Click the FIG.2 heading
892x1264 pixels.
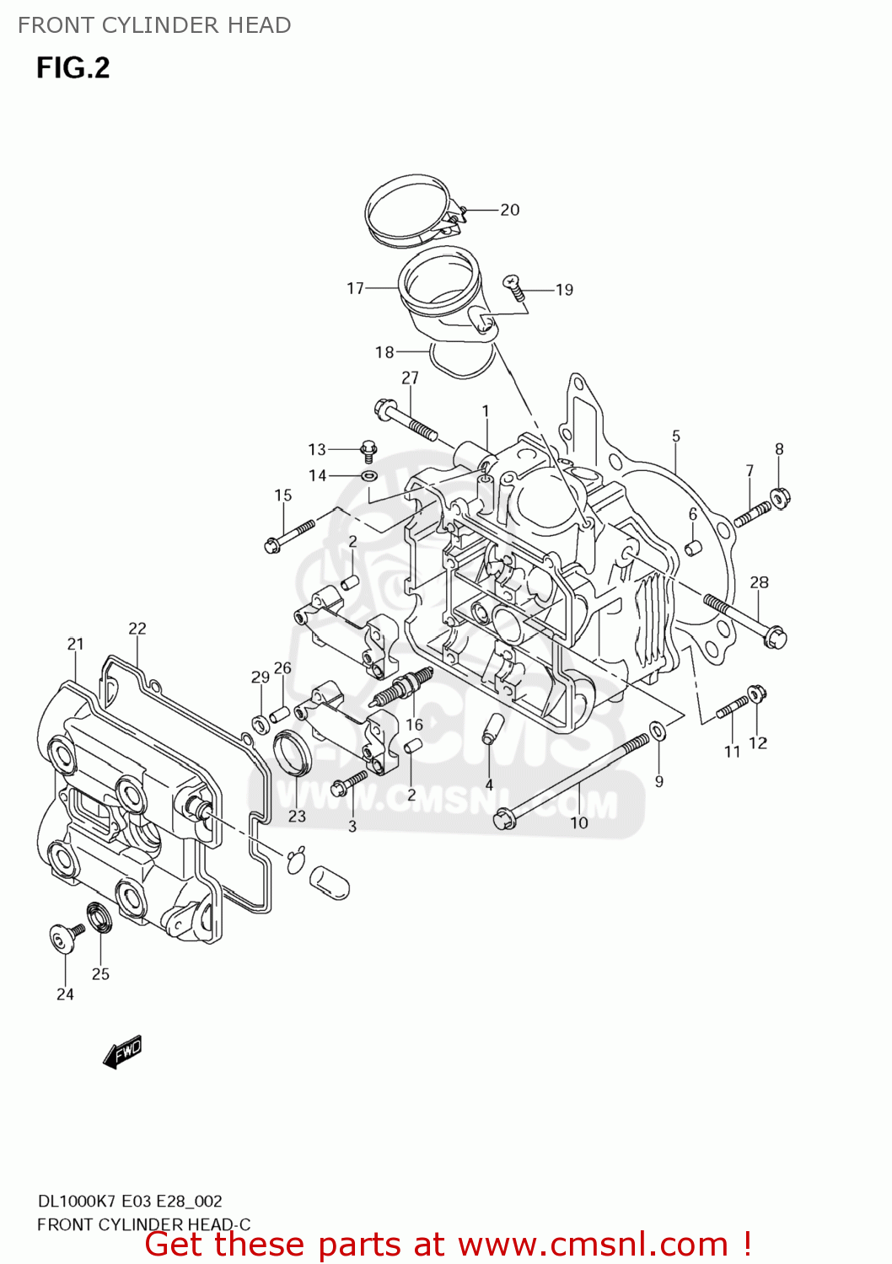[73, 67]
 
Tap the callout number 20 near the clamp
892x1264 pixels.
[509, 210]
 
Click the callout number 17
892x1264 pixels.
[355, 288]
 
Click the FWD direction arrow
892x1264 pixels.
[122, 1052]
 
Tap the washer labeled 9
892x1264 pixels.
[658, 730]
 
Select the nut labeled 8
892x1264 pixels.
[780, 497]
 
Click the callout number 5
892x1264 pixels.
[676, 437]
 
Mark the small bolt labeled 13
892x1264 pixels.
[368, 450]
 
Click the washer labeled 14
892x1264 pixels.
[368, 476]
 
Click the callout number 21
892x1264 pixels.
[76, 644]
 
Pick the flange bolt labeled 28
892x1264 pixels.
[745, 620]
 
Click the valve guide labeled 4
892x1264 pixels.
[492, 728]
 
